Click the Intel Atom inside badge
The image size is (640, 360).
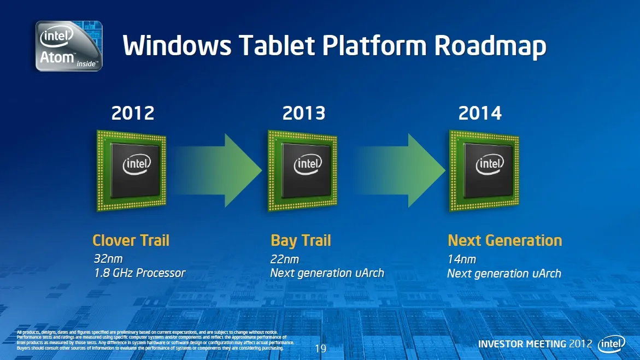point(68,46)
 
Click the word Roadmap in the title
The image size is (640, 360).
point(490,46)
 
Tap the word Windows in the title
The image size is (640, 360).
point(177,45)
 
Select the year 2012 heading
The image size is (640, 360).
point(133,113)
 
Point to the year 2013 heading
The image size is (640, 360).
point(304,113)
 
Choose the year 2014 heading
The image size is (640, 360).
point(480,113)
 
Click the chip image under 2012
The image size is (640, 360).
point(131,170)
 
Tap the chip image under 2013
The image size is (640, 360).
point(302,170)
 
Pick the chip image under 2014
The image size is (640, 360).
point(484,170)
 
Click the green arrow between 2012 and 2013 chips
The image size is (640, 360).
point(219,170)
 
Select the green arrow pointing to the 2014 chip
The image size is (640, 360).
point(400,170)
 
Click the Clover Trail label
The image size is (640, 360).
point(131,240)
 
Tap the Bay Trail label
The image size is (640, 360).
point(301,241)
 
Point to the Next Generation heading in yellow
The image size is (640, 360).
point(505,240)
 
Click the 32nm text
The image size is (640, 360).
point(108,259)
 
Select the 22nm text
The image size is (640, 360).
point(285,259)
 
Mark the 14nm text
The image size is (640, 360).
point(462,259)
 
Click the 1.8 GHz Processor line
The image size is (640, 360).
point(139,273)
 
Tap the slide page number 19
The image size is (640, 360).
point(320,349)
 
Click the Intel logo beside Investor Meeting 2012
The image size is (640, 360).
point(612,344)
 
